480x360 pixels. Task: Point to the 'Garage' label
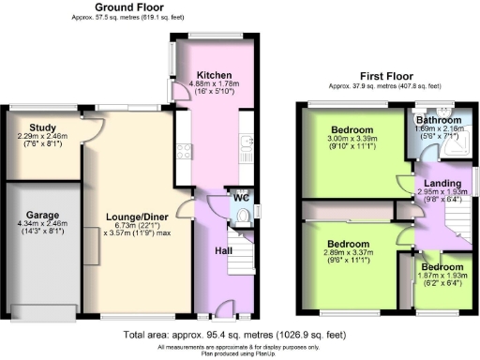(x=43, y=214)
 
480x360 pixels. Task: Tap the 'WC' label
(x=241, y=199)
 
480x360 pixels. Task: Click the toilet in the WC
(x=243, y=216)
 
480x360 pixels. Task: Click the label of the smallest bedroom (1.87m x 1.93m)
(x=442, y=267)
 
